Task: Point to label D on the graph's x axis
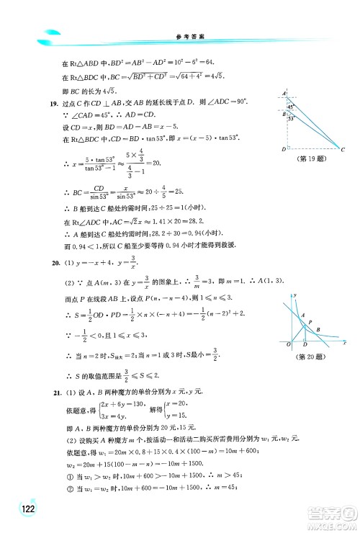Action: [x=306, y=346]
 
